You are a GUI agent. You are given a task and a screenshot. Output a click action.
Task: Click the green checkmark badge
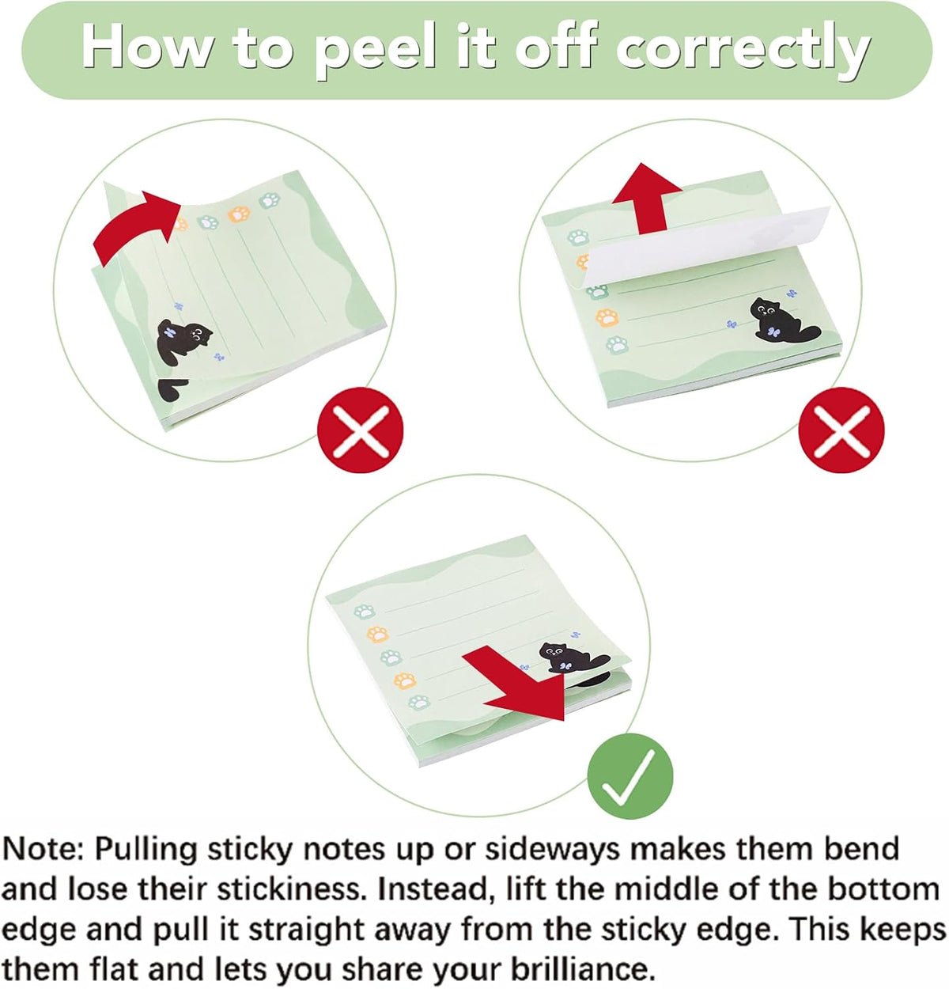click(630, 776)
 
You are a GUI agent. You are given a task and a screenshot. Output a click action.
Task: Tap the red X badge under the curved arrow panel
click(360, 430)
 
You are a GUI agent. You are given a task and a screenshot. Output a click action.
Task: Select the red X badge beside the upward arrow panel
click(841, 430)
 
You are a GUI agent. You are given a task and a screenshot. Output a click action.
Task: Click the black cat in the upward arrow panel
click(784, 320)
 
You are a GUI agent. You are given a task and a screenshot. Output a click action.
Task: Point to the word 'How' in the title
click(147, 49)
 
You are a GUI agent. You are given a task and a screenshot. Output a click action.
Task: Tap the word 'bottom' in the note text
click(883, 889)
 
